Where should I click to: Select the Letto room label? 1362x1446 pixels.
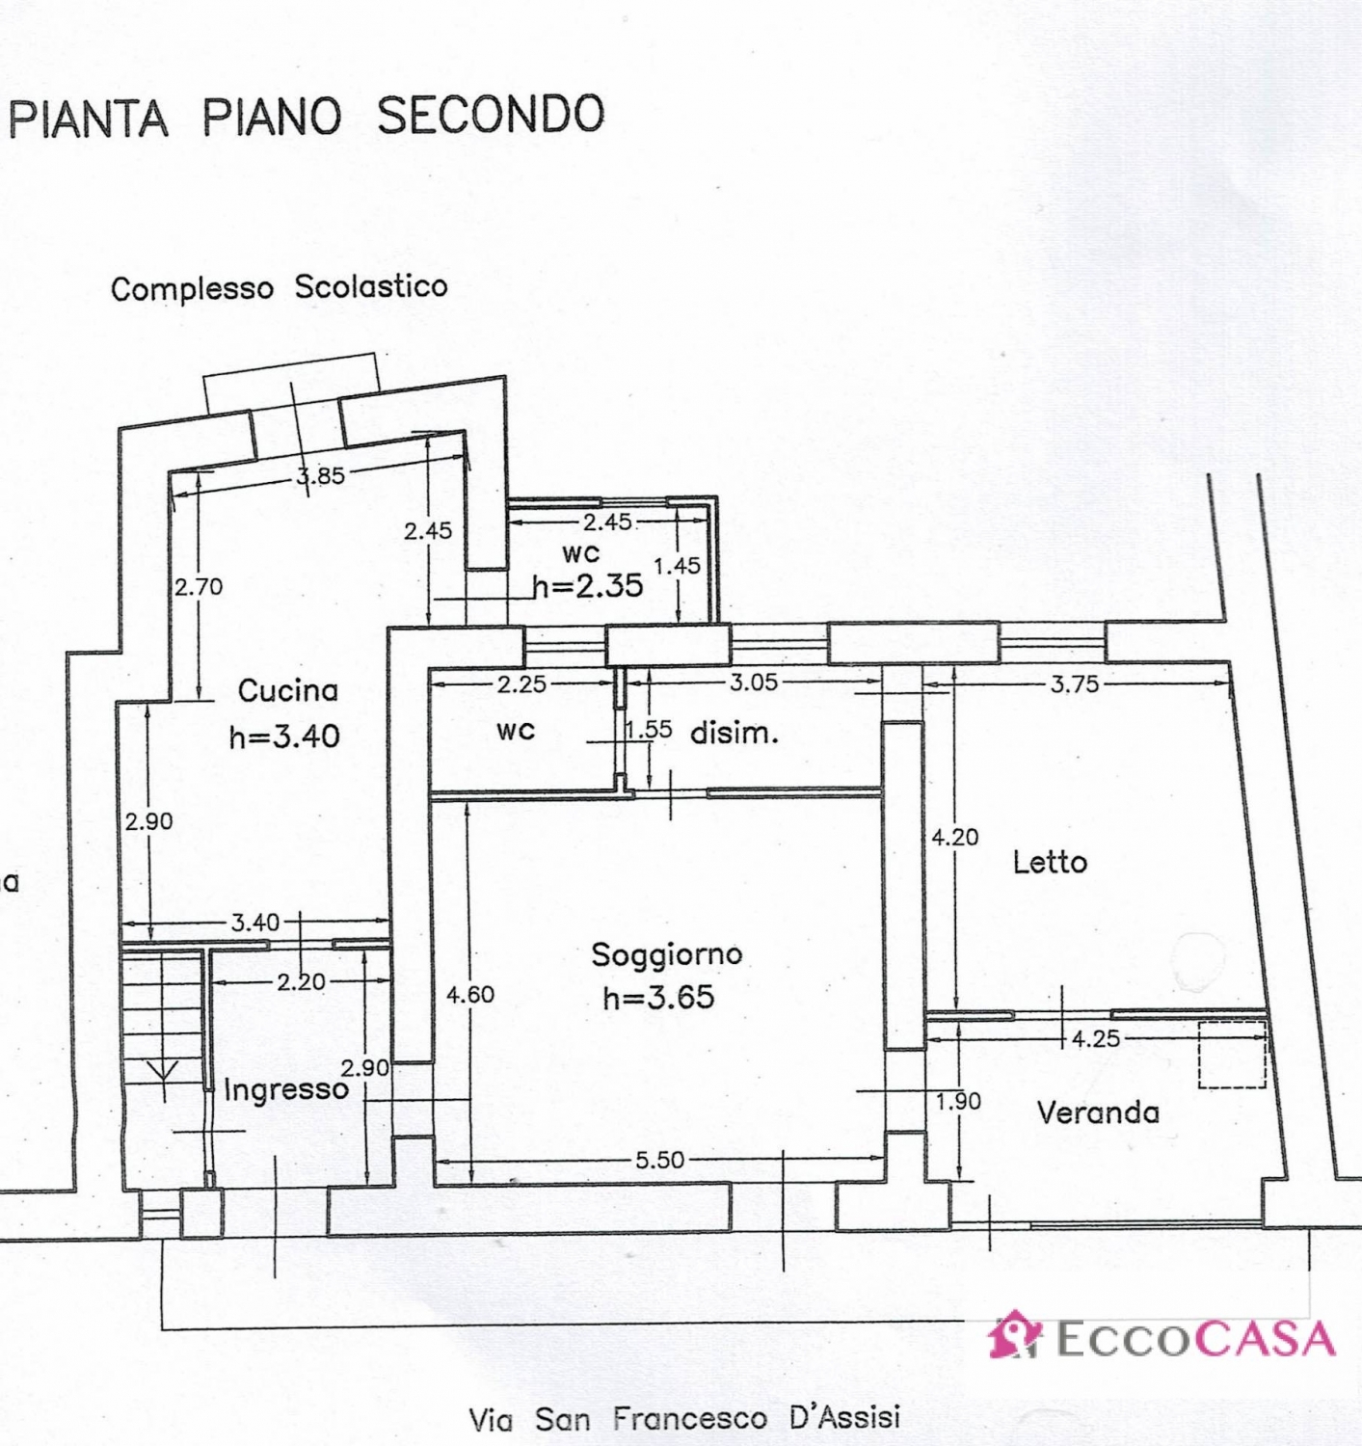1051,863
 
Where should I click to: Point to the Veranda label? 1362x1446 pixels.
1098,1112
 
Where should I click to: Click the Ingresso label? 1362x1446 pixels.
286,1090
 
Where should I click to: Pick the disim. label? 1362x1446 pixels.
734,734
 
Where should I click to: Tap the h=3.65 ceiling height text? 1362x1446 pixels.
659,998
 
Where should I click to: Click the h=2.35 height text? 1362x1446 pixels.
589,585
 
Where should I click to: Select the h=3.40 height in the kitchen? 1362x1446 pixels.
284,736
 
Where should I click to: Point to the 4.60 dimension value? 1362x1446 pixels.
470,994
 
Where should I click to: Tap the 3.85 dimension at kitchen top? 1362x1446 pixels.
320,477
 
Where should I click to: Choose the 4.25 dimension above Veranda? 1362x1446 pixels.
1097,1038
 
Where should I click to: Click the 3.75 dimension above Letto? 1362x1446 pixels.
1075,684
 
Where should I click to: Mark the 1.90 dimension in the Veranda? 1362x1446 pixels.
959,1102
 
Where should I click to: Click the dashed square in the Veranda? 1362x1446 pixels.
1233,1054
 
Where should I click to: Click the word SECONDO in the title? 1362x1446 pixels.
492,115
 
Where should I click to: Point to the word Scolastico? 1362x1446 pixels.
371,286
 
